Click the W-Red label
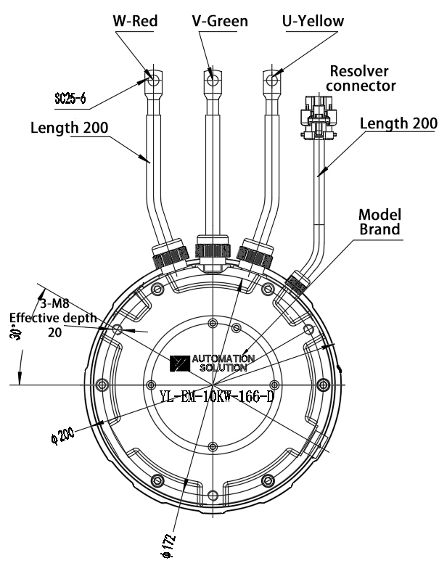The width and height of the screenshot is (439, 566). point(136,21)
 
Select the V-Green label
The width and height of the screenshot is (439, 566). point(220,21)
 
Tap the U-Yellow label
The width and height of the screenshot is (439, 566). point(313,21)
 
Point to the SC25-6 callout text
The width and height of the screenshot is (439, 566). point(70,98)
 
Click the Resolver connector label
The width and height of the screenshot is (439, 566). point(361,78)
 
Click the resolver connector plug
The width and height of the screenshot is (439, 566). point(319,116)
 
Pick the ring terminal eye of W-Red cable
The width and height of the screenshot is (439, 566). point(153,80)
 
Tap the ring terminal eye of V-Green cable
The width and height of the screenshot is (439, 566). point(213,79)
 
